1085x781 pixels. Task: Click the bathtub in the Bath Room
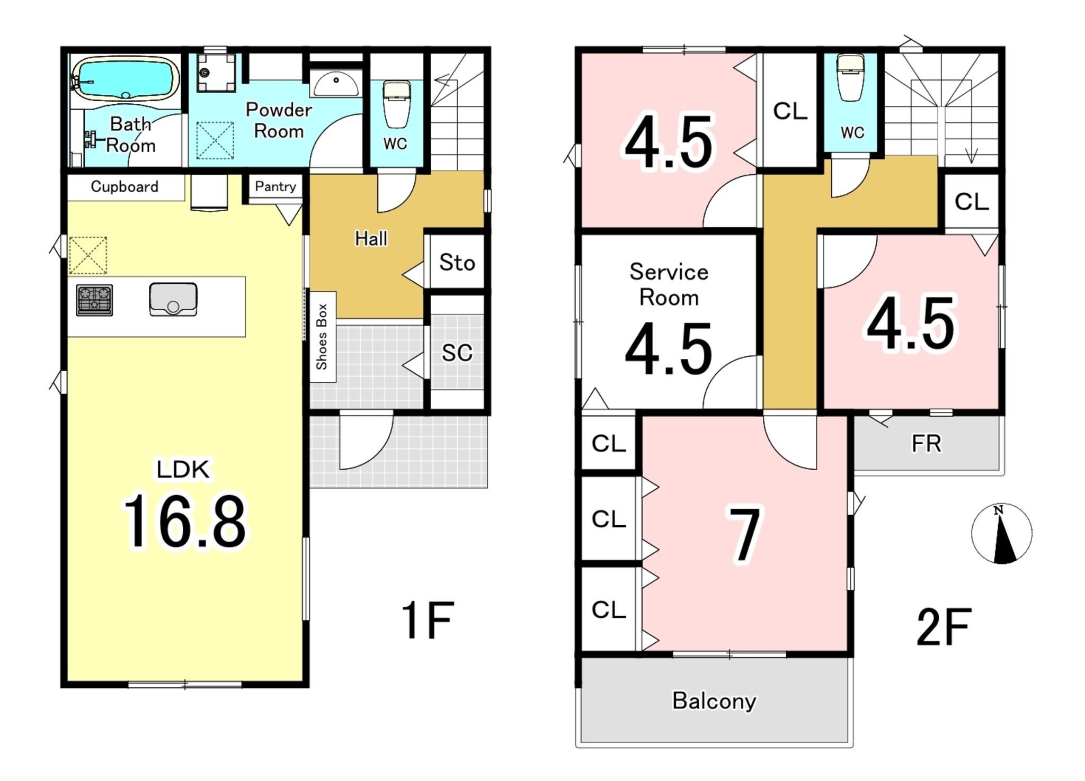[125, 79]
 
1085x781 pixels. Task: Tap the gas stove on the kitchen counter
[94, 300]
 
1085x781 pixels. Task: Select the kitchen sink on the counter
[173, 299]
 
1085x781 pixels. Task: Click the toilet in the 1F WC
[396, 104]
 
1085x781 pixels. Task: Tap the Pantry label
[275, 186]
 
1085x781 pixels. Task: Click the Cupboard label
[124, 186]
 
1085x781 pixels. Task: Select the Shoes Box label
[322, 337]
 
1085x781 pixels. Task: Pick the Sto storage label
[457, 263]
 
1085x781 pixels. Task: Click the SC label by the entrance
[457, 353]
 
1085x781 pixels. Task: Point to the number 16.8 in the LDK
[185, 521]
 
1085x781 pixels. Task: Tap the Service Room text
[669, 285]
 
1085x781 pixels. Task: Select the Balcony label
[714, 701]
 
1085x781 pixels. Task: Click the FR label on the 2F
[926, 444]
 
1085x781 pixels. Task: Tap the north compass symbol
[1001, 533]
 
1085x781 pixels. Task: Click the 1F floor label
[427, 620]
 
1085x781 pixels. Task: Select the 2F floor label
[944, 627]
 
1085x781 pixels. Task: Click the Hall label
[371, 239]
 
